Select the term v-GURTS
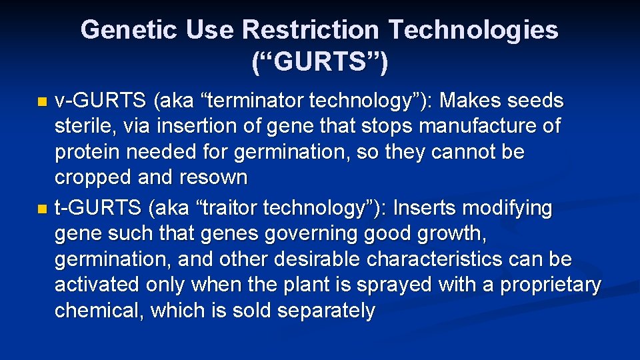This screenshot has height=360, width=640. [100, 101]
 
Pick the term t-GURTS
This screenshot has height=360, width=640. [98, 209]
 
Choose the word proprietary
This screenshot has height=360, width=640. [551, 285]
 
